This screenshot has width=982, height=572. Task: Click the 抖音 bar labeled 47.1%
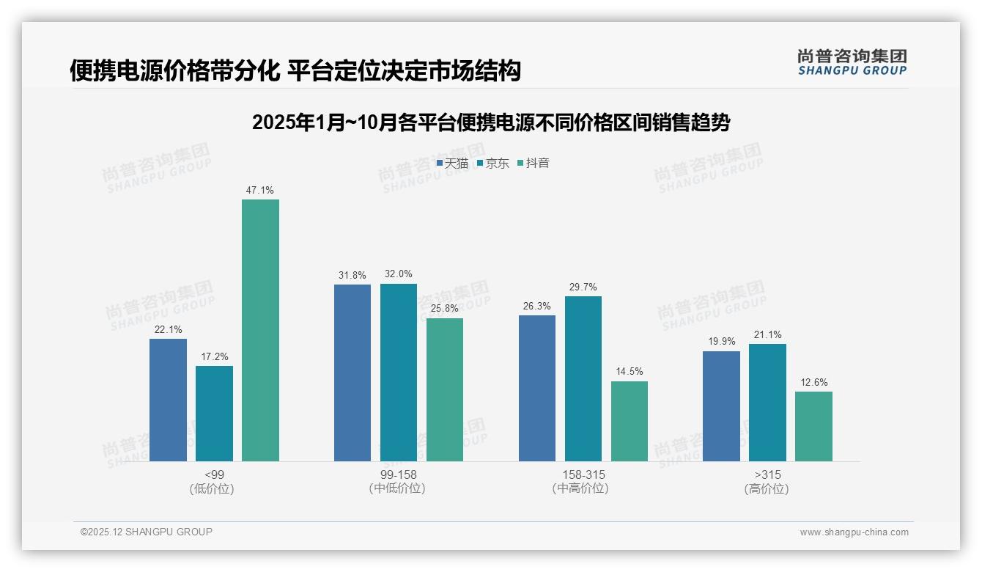click(x=260, y=330)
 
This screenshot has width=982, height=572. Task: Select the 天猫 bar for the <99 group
click(x=168, y=400)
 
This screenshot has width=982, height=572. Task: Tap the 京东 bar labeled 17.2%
click(x=214, y=414)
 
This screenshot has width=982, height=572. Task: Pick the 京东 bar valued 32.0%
click(x=398, y=373)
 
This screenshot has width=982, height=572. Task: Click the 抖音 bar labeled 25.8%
click(x=445, y=389)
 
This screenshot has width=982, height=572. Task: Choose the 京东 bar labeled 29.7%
click(x=583, y=378)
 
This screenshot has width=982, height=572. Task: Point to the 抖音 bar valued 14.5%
click(x=629, y=421)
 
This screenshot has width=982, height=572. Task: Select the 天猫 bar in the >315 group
click(x=721, y=406)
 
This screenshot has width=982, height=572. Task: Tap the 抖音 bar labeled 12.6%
click(x=813, y=426)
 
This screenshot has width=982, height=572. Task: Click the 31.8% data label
click(x=352, y=276)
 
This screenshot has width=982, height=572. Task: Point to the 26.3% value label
click(x=537, y=307)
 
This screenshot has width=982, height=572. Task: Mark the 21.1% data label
click(x=767, y=335)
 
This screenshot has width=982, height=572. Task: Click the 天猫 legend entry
click(x=452, y=164)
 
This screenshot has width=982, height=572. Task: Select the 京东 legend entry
click(x=492, y=164)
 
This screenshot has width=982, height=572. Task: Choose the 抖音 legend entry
click(x=534, y=164)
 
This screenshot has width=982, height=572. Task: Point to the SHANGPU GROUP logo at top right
click(x=852, y=62)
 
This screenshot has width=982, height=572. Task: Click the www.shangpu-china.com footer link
click(x=854, y=532)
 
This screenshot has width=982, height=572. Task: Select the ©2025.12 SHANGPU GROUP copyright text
click(x=147, y=532)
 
